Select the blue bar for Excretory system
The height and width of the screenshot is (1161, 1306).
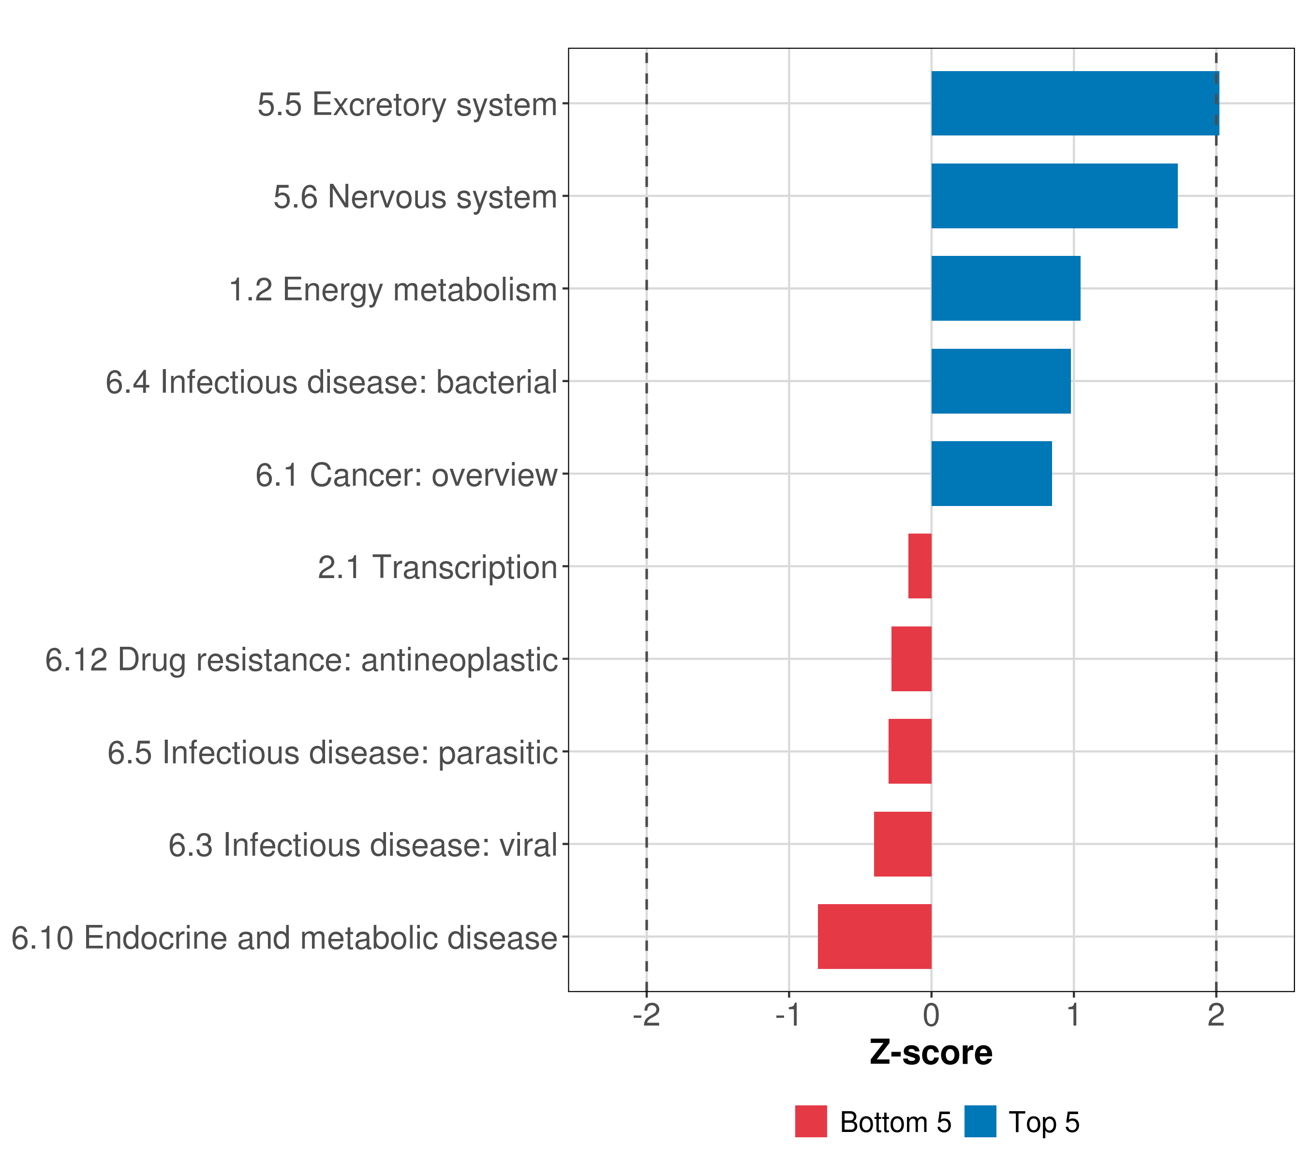tap(1075, 103)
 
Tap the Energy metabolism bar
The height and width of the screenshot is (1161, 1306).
tap(1006, 288)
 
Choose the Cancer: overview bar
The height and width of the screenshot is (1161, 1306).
tap(992, 474)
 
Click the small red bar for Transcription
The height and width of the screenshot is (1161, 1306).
tap(920, 566)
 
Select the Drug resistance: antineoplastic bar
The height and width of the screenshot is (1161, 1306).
tap(911, 659)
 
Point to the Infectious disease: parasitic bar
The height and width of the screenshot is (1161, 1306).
tap(910, 751)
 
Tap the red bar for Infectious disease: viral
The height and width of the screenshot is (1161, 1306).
tap(903, 844)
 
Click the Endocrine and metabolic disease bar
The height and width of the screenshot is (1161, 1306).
tap(875, 937)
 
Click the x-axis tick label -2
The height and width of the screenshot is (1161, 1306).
tap(647, 1015)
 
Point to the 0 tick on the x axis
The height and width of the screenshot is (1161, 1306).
tap(932, 1015)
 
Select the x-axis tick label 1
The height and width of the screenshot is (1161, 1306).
tap(1073, 1015)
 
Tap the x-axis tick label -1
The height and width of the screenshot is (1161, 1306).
tap(788, 1015)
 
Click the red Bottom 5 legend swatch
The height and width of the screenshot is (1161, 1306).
tap(811, 1121)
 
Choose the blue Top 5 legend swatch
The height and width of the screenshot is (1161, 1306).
tap(980, 1121)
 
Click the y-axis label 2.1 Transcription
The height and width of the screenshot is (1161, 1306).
tap(438, 567)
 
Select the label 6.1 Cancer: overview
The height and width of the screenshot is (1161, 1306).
tap(406, 475)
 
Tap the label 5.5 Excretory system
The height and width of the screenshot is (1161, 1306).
tap(407, 104)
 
